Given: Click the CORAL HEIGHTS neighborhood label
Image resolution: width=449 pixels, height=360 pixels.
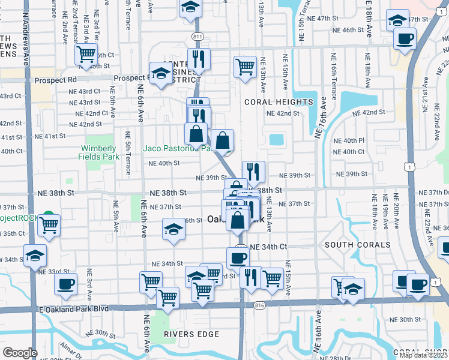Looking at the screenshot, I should (x=279, y=102).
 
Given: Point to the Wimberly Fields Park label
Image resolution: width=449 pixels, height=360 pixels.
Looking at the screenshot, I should (x=97, y=152).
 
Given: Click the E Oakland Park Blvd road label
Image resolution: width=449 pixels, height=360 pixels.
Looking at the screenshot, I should (x=73, y=309).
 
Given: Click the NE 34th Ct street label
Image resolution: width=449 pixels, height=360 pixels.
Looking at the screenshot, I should (x=268, y=247).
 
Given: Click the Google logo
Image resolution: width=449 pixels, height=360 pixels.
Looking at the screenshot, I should (x=20, y=353).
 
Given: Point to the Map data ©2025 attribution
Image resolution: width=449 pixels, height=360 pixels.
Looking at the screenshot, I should (x=423, y=355).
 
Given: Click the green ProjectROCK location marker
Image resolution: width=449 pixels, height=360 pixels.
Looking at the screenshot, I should (x=49, y=217).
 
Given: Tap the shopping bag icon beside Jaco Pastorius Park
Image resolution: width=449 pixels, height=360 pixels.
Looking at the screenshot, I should (x=222, y=141).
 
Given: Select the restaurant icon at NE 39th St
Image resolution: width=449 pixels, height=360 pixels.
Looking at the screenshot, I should (x=253, y=172).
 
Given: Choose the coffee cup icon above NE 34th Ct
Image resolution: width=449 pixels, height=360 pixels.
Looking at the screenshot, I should (x=238, y=258).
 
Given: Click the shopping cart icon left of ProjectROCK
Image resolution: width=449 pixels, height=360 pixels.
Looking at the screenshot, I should (x=49, y=226).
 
